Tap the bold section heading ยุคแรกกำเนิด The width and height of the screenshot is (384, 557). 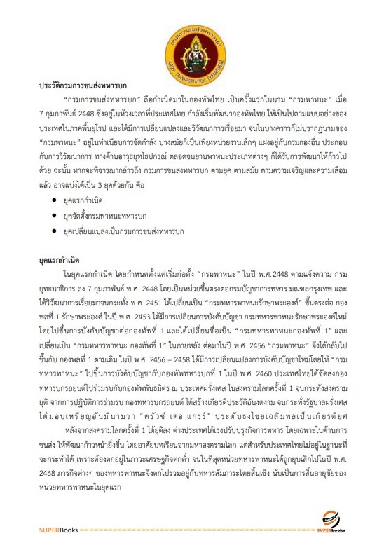[61, 259]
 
